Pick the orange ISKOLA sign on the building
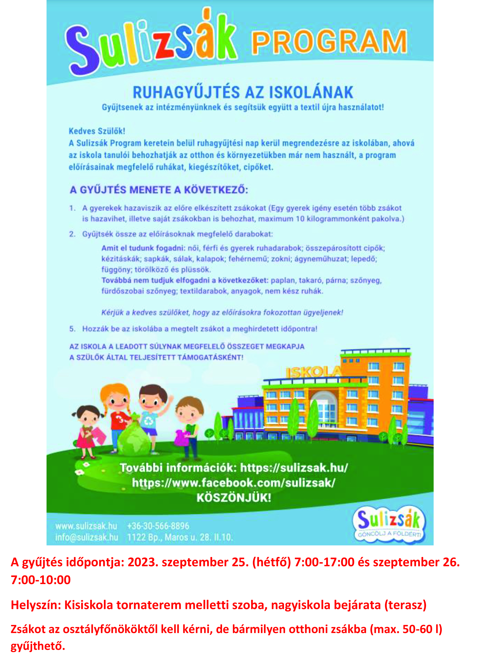point(313,372)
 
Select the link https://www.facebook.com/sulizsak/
point(234,483)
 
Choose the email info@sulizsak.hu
point(87,537)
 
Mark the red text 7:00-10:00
point(41,580)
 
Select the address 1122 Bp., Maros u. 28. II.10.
point(180,537)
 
